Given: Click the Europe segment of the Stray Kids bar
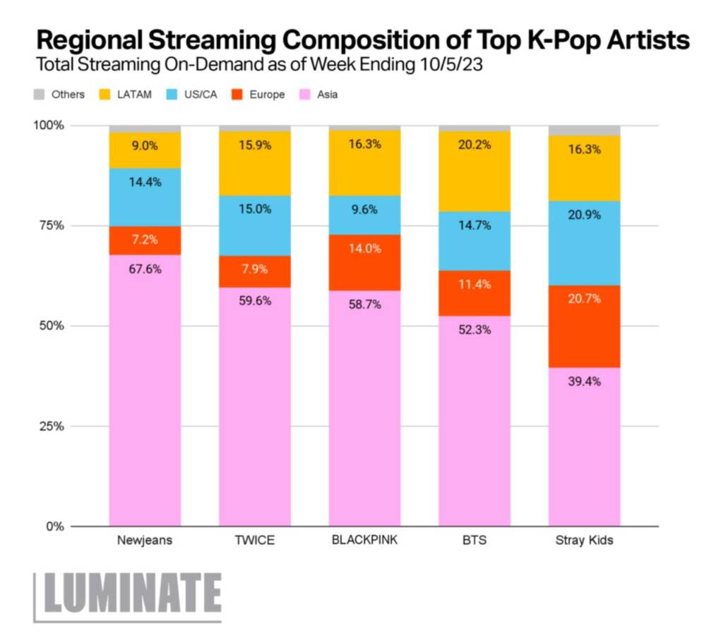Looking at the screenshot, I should [x=584, y=326].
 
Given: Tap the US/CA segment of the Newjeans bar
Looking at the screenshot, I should [x=145, y=198].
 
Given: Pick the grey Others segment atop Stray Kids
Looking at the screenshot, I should [x=584, y=131].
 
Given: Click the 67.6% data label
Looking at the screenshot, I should [x=145, y=268].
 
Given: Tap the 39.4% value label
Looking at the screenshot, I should [x=584, y=382].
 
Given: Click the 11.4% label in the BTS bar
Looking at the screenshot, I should [x=474, y=284].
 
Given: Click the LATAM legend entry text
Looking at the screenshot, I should [x=134, y=94].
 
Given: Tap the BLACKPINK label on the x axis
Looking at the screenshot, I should [x=364, y=541].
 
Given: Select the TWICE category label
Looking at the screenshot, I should [x=254, y=541].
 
